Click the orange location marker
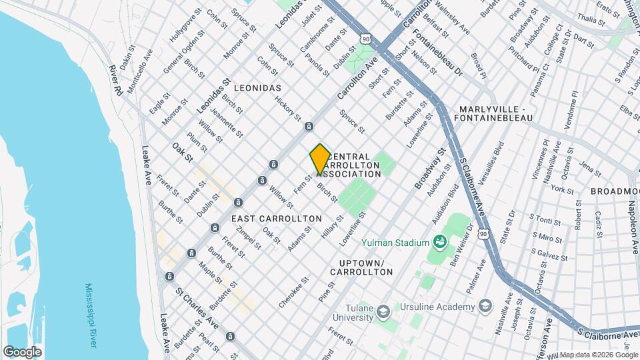click(320, 159)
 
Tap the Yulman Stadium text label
click(395, 243)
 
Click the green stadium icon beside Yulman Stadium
click(439, 241)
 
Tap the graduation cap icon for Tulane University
click(383, 311)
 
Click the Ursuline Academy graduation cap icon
click(485, 306)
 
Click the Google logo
click(22, 351)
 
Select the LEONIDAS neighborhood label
click(257, 88)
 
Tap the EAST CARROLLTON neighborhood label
click(276, 219)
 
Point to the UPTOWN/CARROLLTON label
click(361, 267)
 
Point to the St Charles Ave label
click(197, 307)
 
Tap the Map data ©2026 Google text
click(598, 355)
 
